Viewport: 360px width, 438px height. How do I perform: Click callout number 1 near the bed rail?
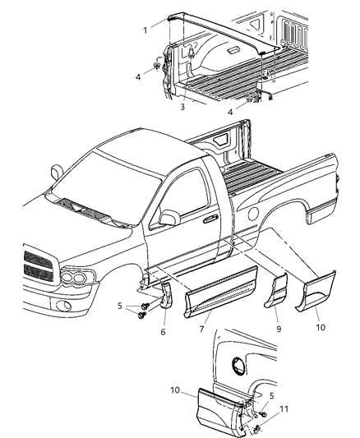pos(145,31)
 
